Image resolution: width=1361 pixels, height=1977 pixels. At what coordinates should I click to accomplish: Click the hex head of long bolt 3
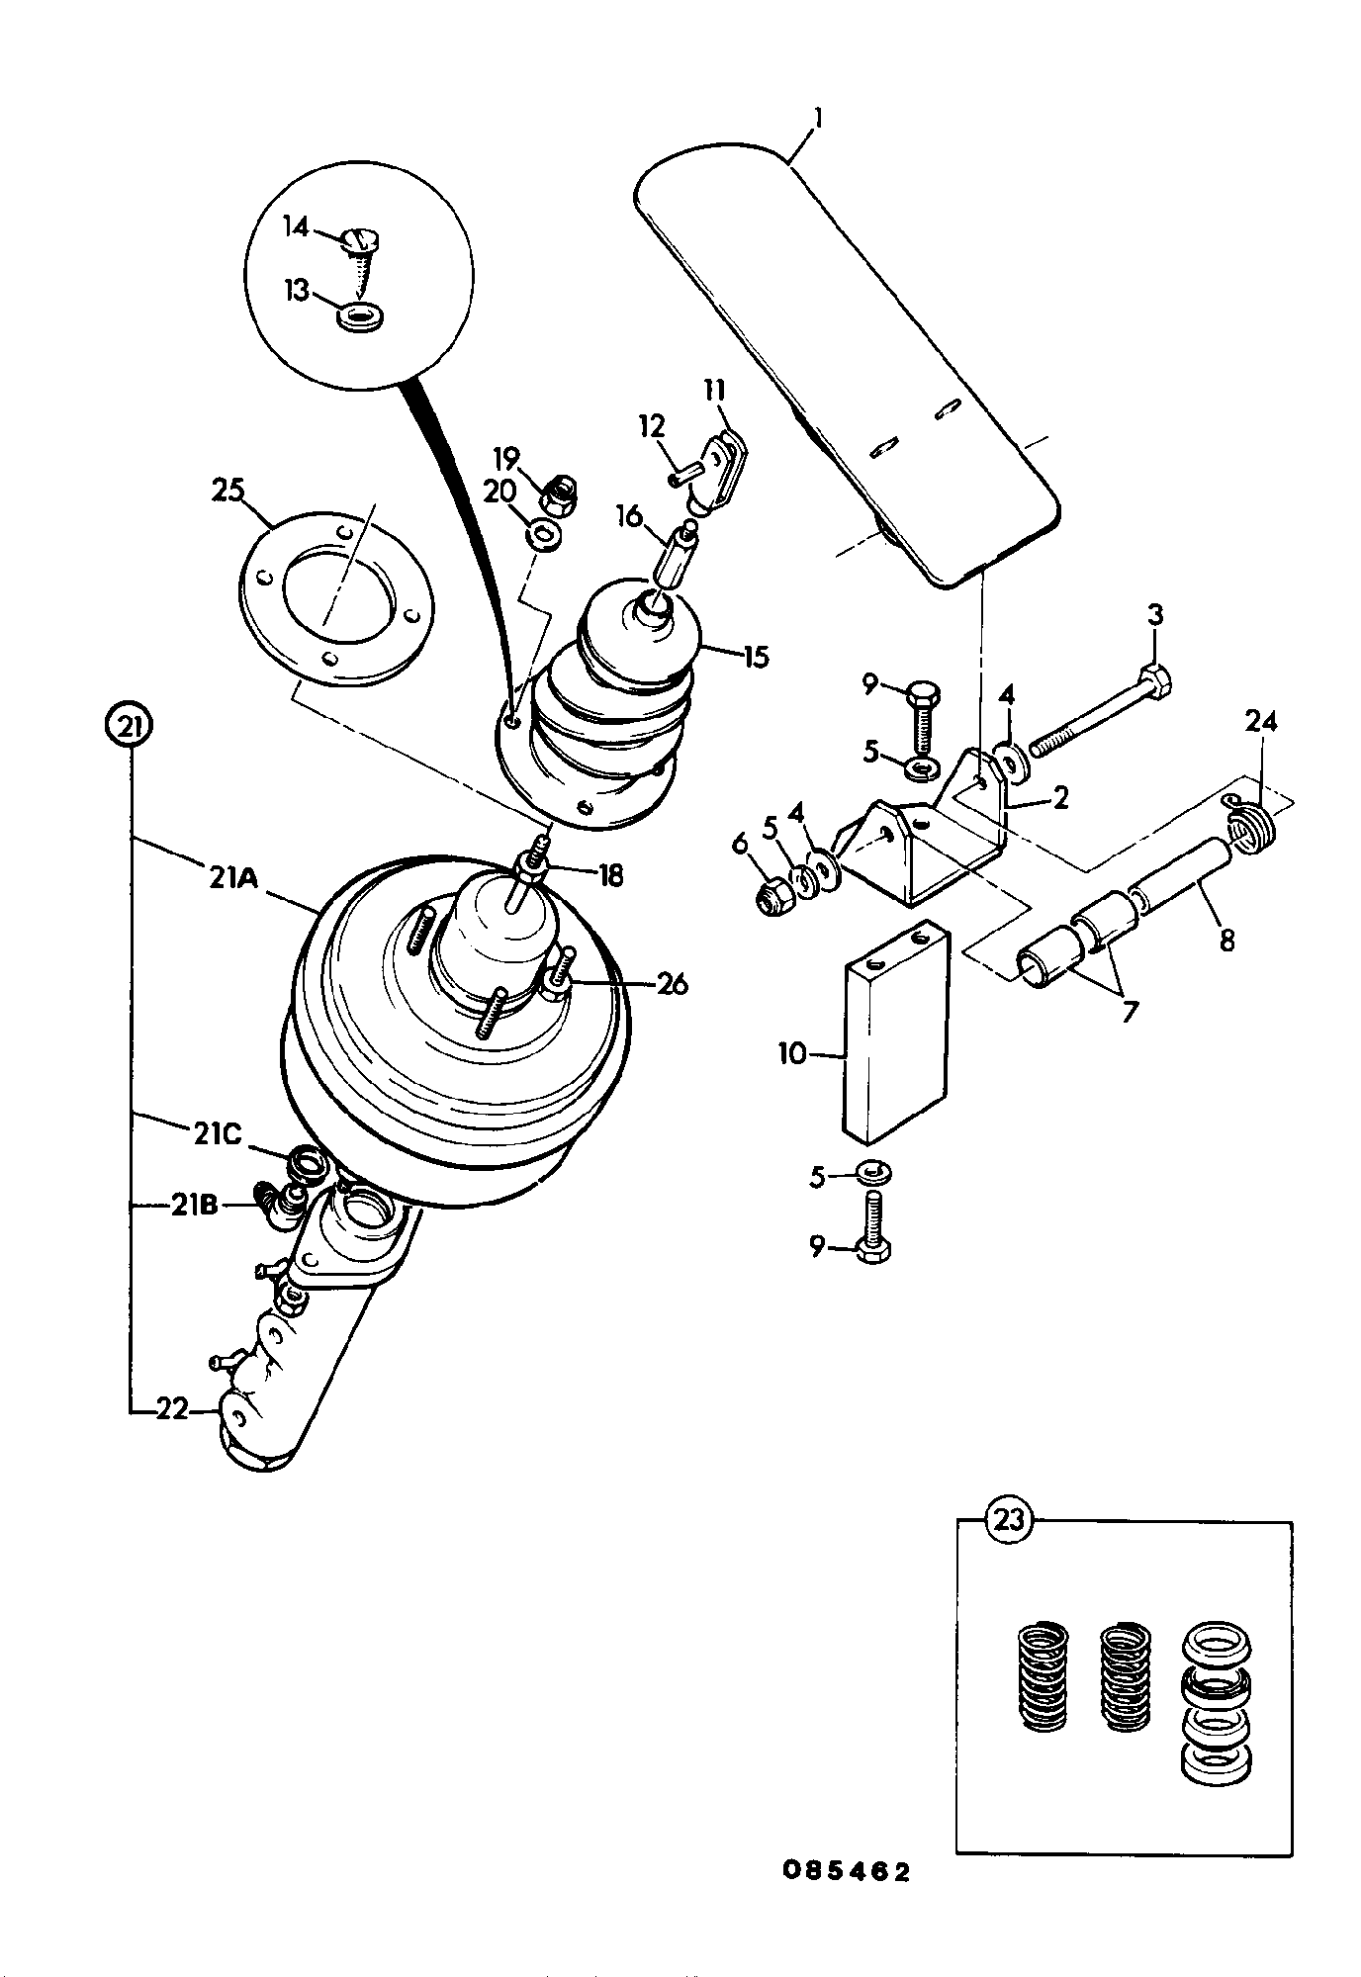[1156, 681]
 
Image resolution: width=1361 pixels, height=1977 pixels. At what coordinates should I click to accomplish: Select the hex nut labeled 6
[771, 896]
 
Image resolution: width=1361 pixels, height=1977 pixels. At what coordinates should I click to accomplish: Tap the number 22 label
[171, 1408]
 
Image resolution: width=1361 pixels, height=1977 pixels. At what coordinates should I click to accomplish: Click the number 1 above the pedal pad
[817, 119]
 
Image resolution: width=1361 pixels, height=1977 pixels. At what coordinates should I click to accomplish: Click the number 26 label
[671, 984]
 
